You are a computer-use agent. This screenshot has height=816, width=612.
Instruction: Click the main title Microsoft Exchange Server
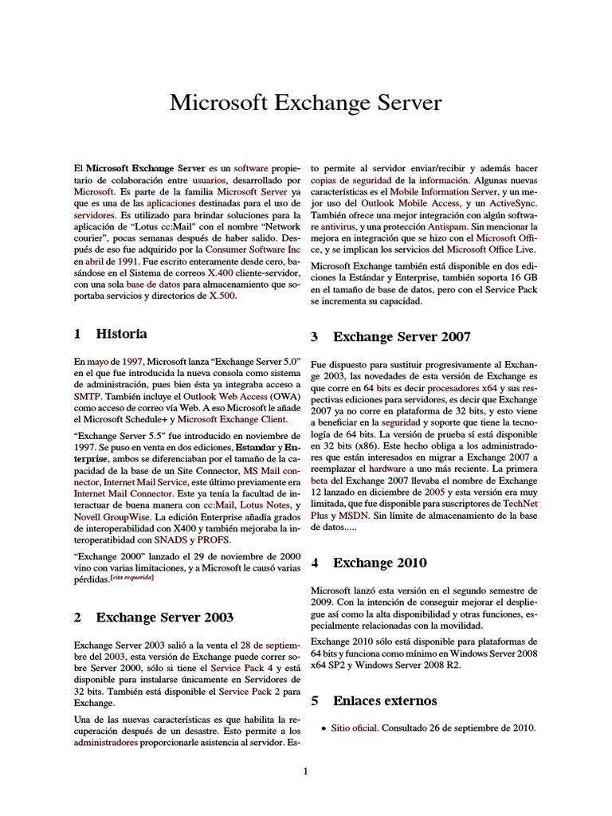[x=306, y=104]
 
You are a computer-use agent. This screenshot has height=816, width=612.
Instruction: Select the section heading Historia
[x=121, y=333]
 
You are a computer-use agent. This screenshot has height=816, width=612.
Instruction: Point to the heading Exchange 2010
[x=380, y=563]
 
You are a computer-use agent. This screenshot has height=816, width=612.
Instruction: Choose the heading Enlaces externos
[x=385, y=701]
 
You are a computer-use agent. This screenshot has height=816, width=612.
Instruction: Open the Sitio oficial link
[x=353, y=728]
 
